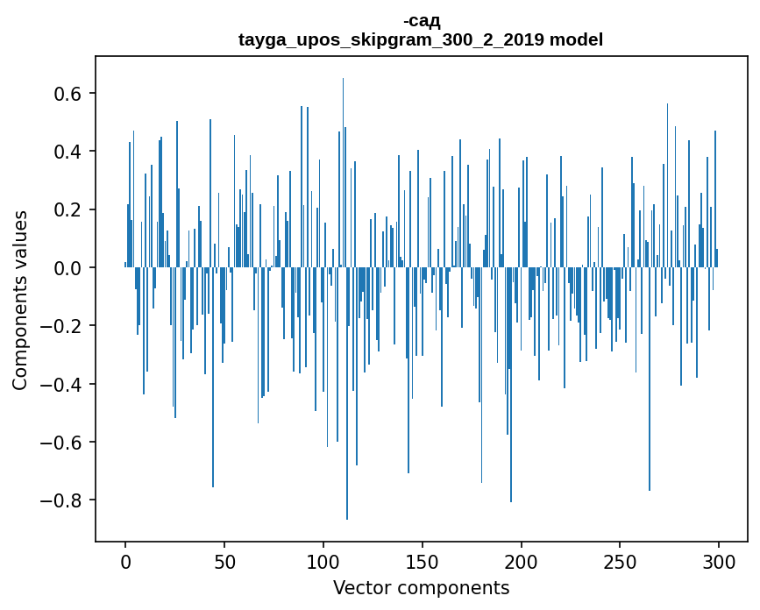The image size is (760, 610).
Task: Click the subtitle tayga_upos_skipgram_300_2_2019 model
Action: [x=421, y=39]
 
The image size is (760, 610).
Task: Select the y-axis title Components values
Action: [x=20, y=300]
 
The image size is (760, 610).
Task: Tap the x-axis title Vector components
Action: [x=421, y=587]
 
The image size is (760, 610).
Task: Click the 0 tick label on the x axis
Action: [x=125, y=559]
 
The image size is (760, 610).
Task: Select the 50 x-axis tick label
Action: [x=224, y=559]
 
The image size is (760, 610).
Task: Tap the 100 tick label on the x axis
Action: [x=323, y=559]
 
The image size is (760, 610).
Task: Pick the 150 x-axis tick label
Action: [x=423, y=559]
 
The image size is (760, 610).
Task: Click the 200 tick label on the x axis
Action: [x=522, y=559]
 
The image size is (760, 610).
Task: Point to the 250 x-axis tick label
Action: [x=621, y=559]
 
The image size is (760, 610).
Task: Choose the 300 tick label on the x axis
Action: [x=719, y=559]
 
